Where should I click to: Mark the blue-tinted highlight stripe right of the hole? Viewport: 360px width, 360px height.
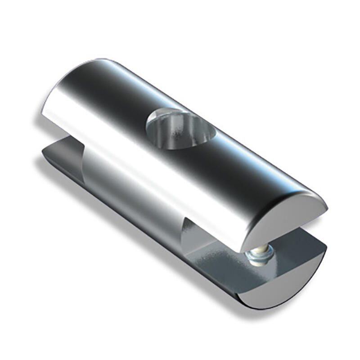pos(252,157)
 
